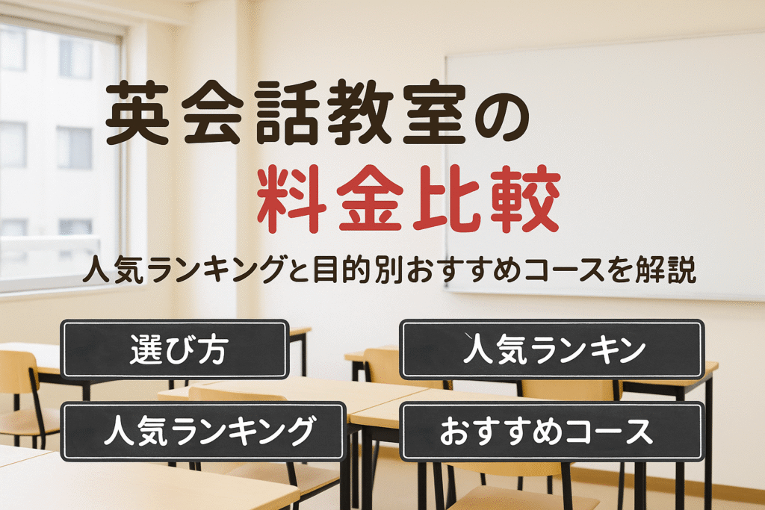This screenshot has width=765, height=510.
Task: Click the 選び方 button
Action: [175, 349]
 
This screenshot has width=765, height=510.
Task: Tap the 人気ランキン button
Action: [552, 349]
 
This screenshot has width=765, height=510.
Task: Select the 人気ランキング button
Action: [203, 432]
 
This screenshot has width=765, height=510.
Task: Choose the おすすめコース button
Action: [552, 432]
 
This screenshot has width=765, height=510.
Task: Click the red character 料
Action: [292, 199]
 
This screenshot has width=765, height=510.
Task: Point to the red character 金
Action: [371, 199]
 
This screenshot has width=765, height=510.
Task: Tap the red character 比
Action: [447, 199]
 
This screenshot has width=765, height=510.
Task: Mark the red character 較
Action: [525, 199]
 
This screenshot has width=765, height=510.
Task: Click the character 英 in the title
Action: [138, 113]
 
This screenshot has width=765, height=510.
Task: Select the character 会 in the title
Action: [213, 113]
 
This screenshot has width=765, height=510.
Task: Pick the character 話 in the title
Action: [287, 113]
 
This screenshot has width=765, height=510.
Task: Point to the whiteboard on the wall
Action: [605, 166]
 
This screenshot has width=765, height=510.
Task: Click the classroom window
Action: [61, 156]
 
